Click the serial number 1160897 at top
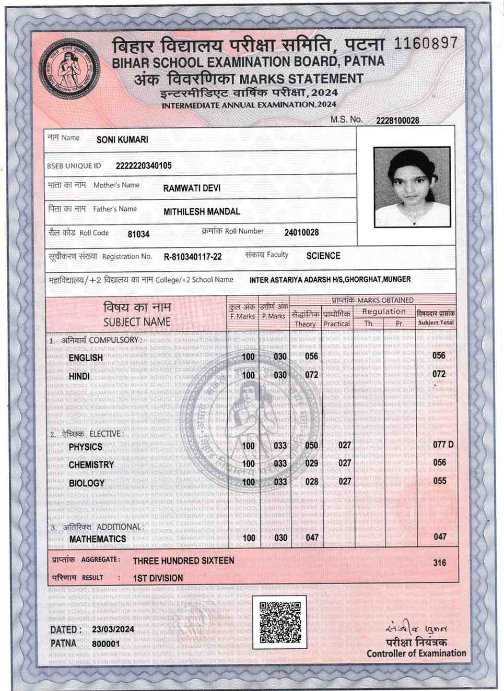tap(425, 43)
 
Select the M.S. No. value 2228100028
tap(397, 121)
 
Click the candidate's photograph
tap(412, 186)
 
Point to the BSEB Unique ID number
tap(144, 166)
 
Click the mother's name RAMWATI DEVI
tap(192, 188)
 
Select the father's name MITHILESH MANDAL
tap(202, 211)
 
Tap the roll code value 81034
tap(138, 234)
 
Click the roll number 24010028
tap(301, 232)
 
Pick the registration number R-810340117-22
tap(193, 257)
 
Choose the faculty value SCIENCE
tap(323, 256)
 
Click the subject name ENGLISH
tap(86, 358)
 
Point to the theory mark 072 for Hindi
tap(312, 375)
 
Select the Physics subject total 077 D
tap(443, 445)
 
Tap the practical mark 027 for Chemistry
tap(345, 463)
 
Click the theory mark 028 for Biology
tap(312, 482)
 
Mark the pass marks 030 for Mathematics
tap(280, 538)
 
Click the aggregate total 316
tap(440, 563)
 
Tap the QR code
tap(280, 622)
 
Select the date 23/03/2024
tap(113, 629)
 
